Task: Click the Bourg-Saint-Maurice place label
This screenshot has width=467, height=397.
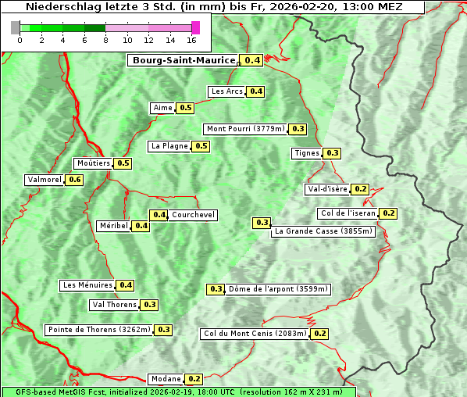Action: coord(184,60)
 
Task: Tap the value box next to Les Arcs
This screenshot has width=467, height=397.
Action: coord(256,91)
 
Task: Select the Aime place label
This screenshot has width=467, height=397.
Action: coord(162,108)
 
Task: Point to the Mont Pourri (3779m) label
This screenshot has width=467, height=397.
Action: coord(245,129)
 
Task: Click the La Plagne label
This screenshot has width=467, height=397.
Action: coord(169,146)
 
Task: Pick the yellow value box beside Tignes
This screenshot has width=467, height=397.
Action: coord(333,153)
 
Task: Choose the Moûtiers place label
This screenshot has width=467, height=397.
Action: coord(94,163)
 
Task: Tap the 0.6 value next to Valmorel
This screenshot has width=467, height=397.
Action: coord(75,180)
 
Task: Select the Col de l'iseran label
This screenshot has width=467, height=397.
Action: coord(348,213)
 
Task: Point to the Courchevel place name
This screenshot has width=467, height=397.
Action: coord(194,215)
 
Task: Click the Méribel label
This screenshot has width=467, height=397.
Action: coord(113,226)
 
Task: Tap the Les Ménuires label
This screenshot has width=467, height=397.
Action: coord(87,285)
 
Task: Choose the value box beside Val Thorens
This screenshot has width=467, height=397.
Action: coord(150,305)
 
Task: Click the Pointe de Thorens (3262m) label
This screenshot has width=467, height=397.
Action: coord(98,330)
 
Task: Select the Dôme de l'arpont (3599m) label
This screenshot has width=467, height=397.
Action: coord(279,289)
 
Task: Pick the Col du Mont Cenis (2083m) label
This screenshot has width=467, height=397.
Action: coord(255,334)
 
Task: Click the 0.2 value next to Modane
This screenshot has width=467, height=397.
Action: coord(195,379)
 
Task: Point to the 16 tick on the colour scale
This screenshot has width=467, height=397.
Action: coord(192,40)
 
